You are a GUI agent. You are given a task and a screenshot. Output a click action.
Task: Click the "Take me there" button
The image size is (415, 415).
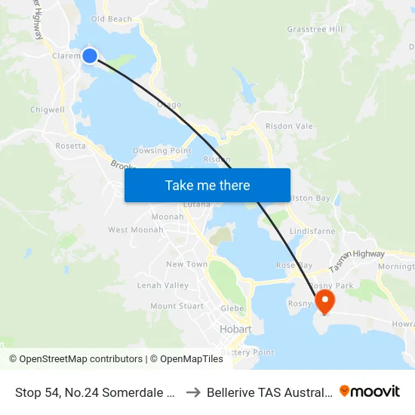pos(207,186)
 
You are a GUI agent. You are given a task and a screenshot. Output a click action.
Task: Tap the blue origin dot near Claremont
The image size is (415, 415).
pos(90,55)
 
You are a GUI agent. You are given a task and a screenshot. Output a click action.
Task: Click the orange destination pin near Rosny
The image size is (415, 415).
pos(325,302)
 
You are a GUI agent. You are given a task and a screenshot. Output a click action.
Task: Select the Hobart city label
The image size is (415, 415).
pos(235,330)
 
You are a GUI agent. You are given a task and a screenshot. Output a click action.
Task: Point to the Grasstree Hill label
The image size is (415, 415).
pos(315,29)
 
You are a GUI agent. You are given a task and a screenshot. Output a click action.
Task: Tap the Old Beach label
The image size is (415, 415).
pos(111,19)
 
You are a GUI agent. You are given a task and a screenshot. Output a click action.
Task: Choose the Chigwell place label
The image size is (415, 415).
pos(48,109)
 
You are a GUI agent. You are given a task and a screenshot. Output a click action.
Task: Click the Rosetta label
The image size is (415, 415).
pos(71,146)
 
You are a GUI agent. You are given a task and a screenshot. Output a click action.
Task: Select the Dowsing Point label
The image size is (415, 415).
pos(161,150)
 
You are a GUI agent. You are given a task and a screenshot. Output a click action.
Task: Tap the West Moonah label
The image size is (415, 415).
pos(136,229)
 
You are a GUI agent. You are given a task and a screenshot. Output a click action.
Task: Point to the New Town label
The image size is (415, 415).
pos(186,264)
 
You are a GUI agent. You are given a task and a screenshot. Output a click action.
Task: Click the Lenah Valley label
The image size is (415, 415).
pos(162,285)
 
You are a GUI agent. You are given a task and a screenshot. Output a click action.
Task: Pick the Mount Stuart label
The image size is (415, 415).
pos(177,306)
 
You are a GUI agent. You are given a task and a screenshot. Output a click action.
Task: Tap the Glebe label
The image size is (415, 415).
pos(232,309)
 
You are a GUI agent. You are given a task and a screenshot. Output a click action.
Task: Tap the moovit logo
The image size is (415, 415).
pos(370,391)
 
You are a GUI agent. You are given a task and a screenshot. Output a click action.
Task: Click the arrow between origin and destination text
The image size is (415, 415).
pos(193,392)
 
